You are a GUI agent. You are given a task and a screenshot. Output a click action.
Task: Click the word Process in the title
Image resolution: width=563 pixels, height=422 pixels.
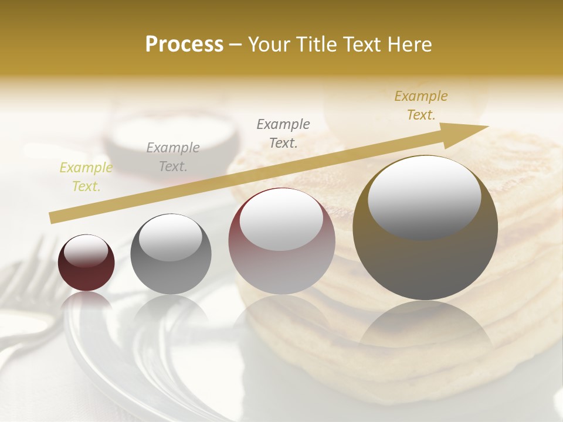point(184,45)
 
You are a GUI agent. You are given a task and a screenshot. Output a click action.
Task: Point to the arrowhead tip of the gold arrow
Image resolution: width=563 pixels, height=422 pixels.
point(487,127)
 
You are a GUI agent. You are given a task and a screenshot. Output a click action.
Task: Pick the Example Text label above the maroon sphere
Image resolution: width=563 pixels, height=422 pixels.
point(283,133)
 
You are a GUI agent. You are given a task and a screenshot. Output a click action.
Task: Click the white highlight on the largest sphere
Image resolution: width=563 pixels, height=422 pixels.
point(424,196)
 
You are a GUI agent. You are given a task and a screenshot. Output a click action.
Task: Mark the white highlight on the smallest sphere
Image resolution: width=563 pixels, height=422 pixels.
point(86,251)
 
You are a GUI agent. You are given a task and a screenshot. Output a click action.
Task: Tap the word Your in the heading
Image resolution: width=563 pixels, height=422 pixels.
point(268,45)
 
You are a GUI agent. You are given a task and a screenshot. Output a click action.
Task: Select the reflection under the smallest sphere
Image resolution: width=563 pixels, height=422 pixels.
point(87,302)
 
